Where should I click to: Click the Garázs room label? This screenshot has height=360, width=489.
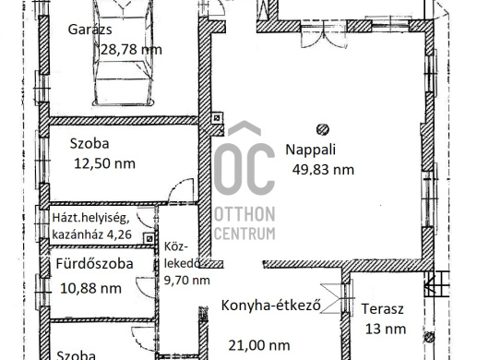[89, 30]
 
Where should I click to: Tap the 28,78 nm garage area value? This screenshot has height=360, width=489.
[131, 50]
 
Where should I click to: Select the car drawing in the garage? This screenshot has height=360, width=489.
[124, 53]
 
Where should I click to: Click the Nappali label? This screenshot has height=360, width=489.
[310, 150]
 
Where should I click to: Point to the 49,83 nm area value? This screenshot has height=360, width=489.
[323, 170]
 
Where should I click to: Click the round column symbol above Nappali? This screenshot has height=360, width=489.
[323, 129]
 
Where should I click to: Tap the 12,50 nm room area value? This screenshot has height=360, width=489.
[104, 163]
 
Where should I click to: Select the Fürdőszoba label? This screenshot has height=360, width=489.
[94, 264]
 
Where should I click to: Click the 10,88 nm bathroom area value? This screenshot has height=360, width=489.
[90, 288]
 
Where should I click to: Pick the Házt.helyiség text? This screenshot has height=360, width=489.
[90, 218]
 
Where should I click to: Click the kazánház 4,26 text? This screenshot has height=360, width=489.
[91, 234]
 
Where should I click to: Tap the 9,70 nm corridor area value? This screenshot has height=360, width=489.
[186, 280]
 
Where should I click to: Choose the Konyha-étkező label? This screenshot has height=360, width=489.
[270, 306]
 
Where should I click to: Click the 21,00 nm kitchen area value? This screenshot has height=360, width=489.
[259, 345]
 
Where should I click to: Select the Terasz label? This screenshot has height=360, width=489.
[382, 309]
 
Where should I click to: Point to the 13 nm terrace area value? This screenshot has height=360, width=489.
[386, 330]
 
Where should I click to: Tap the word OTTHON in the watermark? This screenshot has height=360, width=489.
[244, 214]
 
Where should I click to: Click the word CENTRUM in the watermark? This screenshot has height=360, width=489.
[244, 234]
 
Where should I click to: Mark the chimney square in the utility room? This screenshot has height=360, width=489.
[149, 239]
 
